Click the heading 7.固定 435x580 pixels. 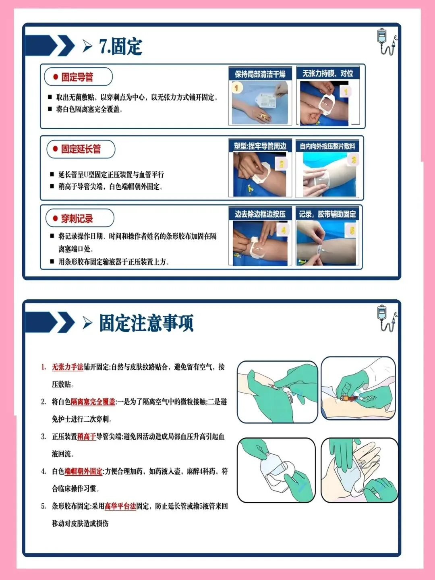pos(121,47)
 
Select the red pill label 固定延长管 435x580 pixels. pos(81,149)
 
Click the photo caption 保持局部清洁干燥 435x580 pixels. pos(260,74)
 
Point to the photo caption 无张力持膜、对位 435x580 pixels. pos(328,73)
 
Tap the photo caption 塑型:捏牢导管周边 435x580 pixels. pos(260,146)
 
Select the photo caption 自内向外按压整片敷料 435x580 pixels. pos(327,146)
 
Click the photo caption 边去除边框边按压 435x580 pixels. pos(260,214)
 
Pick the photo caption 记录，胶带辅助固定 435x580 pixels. pos(327,214)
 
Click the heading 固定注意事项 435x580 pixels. pos(146,323)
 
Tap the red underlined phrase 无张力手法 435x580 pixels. pos(68,367)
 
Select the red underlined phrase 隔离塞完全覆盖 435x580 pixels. pos(93,402)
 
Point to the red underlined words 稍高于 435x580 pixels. pos(87,437)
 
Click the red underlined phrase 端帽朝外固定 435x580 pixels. pos(83,471)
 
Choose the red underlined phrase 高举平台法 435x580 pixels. pos(120,506)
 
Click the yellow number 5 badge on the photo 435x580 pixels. pos(352,231)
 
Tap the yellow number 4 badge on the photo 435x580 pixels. pos(283,230)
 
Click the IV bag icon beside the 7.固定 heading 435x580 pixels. pos(387,42)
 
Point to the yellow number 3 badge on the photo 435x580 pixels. pos(354,160)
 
